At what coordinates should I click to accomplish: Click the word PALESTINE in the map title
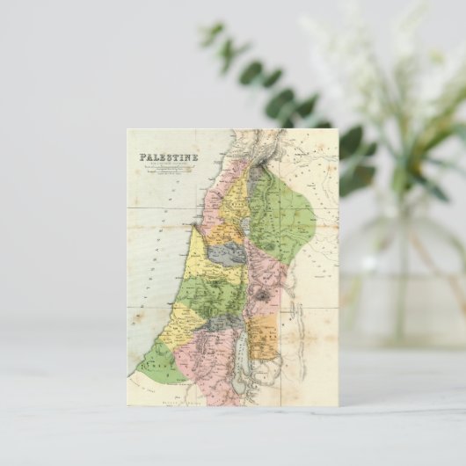pyautogui.click(x=167, y=158)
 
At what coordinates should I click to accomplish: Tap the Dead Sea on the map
pyautogui.click(x=240, y=356)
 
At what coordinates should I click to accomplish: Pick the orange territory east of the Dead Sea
pyautogui.click(x=264, y=339)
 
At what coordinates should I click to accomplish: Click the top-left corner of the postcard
pyautogui.click(x=127, y=130)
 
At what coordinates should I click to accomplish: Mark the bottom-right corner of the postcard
pyautogui.click(x=338, y=405)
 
